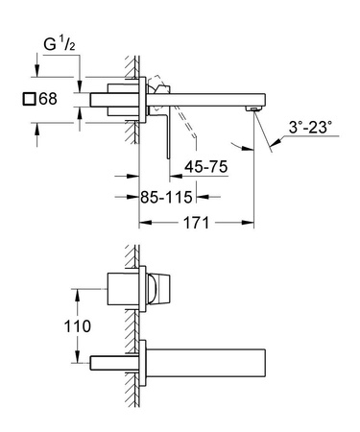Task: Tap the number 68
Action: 47,99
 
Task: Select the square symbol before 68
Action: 29,99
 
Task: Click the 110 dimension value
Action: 79,324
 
